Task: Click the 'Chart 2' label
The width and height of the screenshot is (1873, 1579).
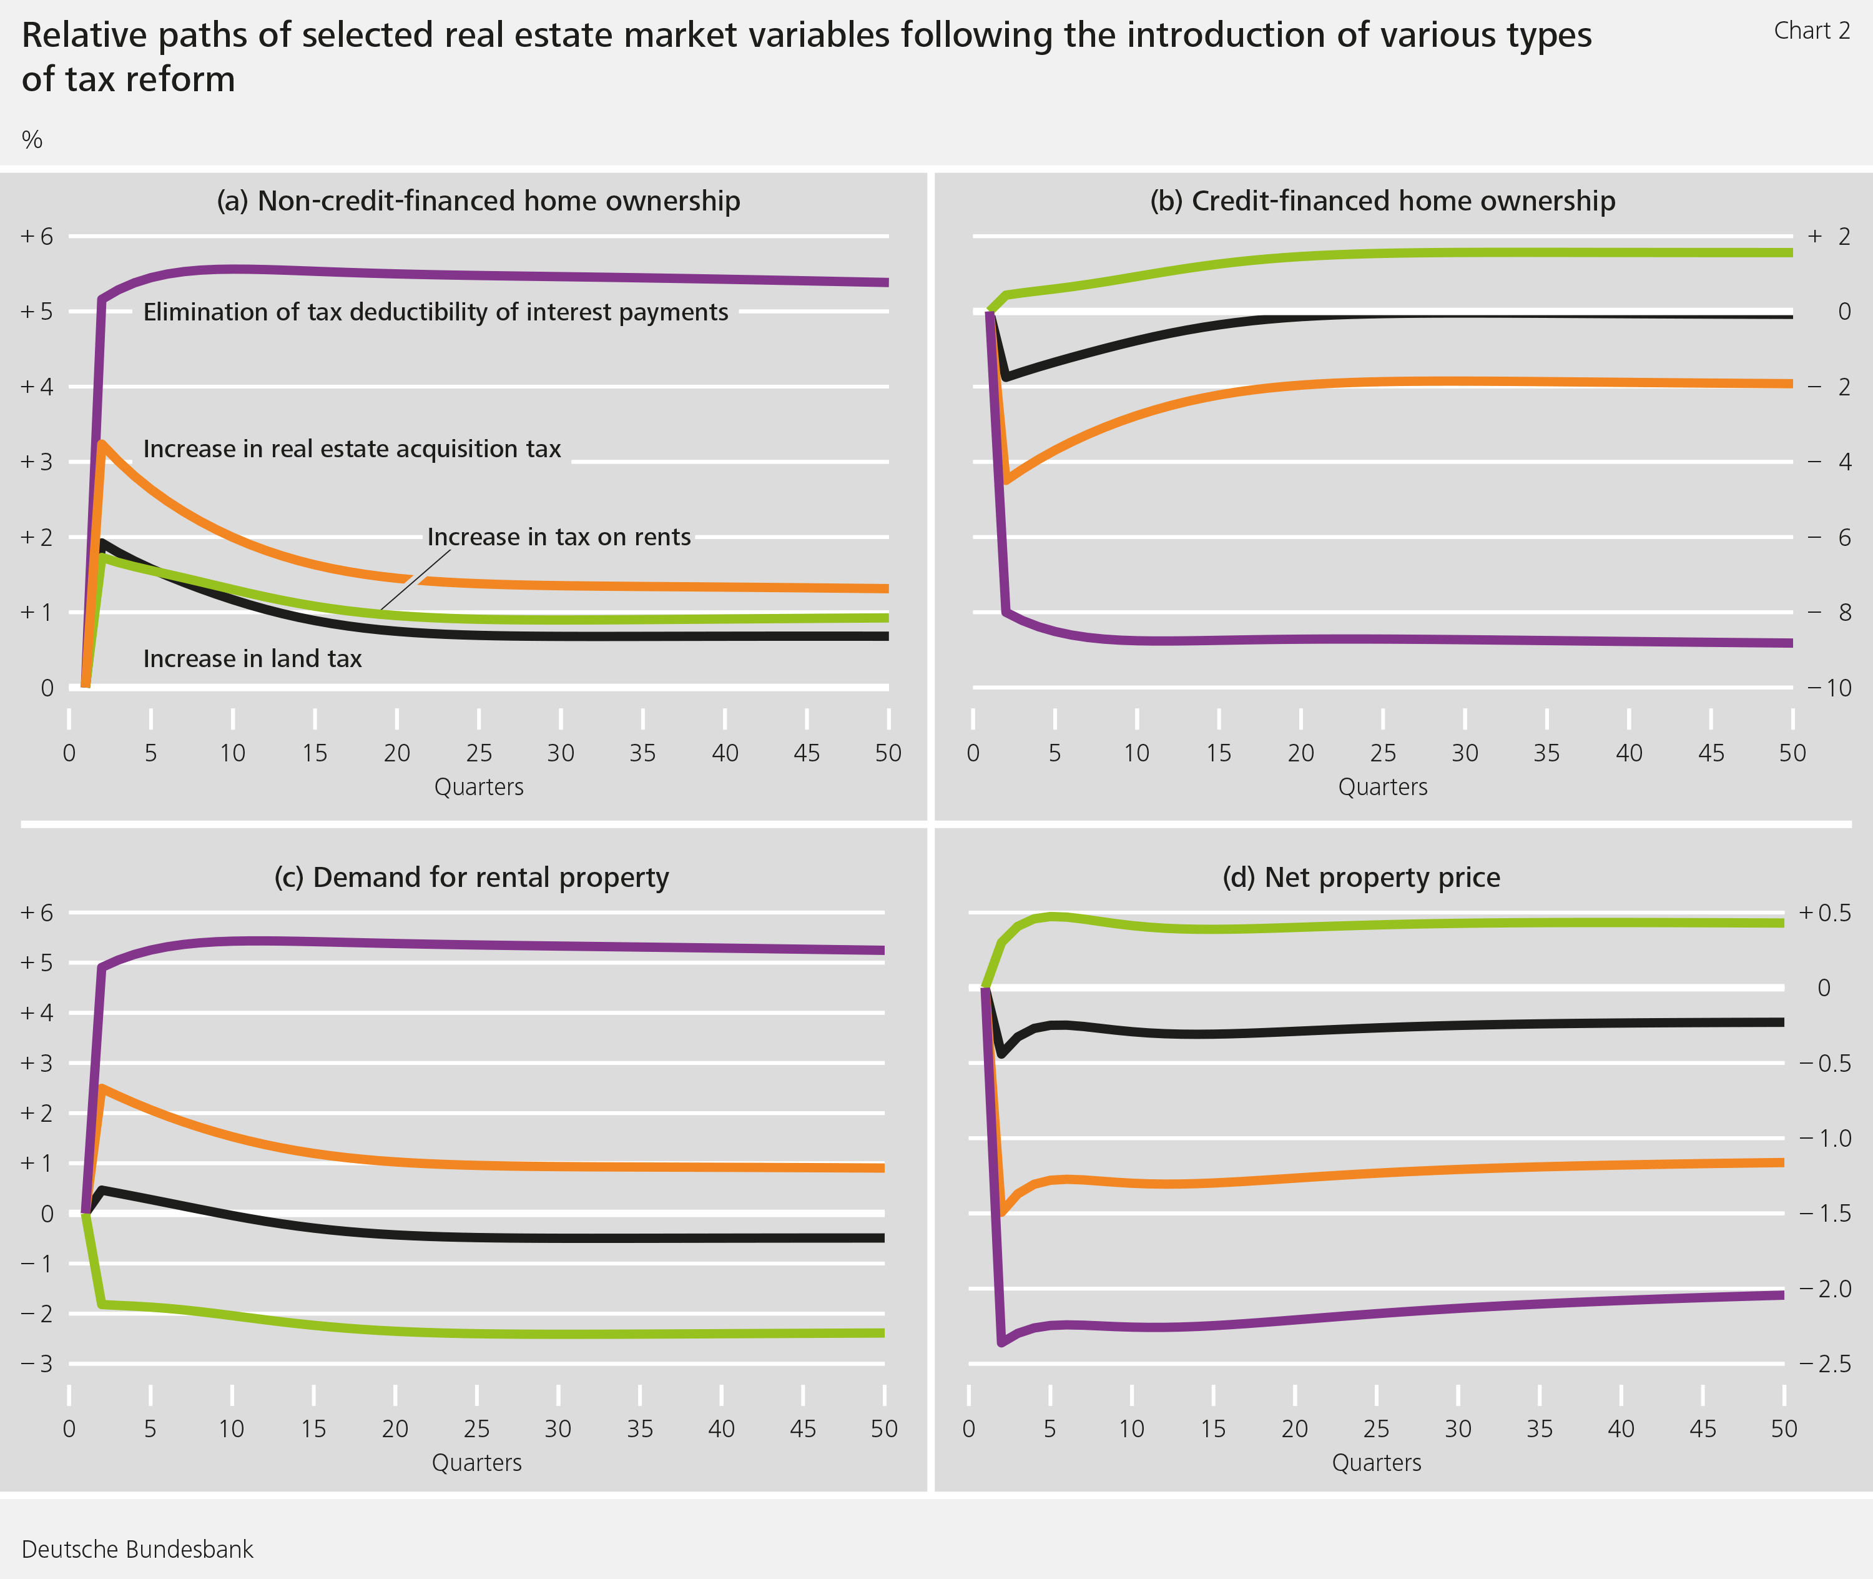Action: click(x=1811, y=31)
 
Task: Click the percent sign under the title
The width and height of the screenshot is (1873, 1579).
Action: click(x=32, y=140)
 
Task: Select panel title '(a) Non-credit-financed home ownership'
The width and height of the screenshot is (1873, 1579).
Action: click(x=478, y=200)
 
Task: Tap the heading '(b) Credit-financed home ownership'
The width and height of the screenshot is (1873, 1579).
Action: click(x=1382, y=200)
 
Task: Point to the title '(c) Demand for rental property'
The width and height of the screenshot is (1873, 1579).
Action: click(x=471, y=877)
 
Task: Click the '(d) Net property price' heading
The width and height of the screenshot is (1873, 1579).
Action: click(x=1360, y=877)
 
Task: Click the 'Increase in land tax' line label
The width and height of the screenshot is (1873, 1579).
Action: click(x=252, y=659)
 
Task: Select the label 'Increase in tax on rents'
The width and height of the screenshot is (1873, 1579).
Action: click(x=558, y=537)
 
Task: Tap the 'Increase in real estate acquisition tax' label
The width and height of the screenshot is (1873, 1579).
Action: click(x=351, y=448)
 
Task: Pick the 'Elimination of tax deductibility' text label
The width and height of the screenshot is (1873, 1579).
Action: click(x=435, y=312)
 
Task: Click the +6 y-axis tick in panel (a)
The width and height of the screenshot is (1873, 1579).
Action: click(x=37, y=236)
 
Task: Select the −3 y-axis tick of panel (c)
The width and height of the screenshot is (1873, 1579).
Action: click(x=37, y=1364)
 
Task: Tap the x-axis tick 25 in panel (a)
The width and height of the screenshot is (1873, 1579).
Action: click(x=479, y=753)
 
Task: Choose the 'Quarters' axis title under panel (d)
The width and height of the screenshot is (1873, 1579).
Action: click(x=1375, y=1463)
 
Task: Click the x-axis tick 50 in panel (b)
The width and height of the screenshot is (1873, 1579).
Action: click(x=1792, y=753)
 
